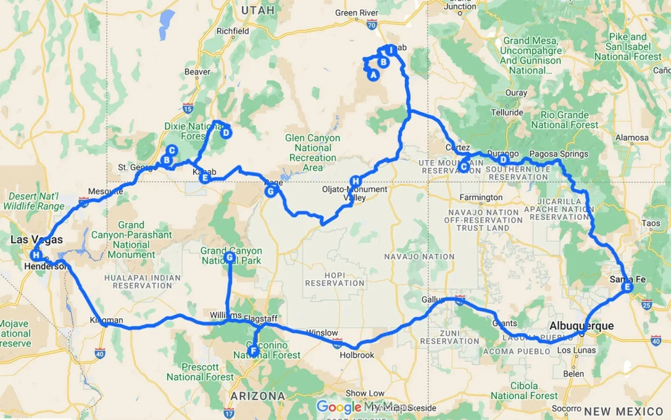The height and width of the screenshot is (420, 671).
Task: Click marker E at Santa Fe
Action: tap(627, 287)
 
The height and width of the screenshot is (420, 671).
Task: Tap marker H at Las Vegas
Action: tap(36, 255)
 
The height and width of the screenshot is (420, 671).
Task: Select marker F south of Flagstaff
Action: tap(253, 351)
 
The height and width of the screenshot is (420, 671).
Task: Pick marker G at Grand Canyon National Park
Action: tap(229, 259)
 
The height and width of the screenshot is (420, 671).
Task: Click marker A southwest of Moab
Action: tap(374, 75)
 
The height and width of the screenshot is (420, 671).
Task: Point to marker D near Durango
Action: tap(503, 159)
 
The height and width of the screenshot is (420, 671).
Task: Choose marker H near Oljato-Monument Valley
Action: tap(355, 181)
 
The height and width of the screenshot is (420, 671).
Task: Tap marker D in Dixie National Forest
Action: tap(225, 133)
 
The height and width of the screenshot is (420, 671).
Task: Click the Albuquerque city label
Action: tap(581, 326)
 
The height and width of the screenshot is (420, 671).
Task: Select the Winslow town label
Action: tap(322, 333)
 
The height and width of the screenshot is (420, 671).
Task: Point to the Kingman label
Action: tap(105, 321)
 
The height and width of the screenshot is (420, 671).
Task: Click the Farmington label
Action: tap(480, 197)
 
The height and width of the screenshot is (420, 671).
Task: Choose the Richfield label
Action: tap(233, 31)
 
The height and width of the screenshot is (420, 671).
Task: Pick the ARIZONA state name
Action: tap(258, 396)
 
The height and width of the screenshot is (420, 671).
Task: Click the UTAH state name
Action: tap(258, 10)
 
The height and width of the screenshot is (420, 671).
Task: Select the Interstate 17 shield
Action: tap(228, 413)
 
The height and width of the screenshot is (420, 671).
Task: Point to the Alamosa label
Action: tap(631, 138)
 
